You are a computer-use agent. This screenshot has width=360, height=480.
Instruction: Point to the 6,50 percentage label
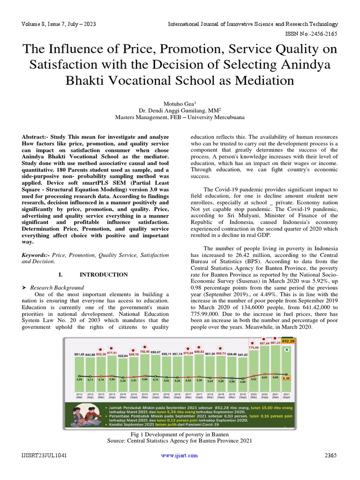tap(286, 377)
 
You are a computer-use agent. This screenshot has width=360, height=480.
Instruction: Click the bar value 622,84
tap(122, 356)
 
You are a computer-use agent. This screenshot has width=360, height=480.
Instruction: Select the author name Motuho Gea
tap(179, 103)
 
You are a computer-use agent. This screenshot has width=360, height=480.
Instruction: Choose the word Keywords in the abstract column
tap(35, 255)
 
